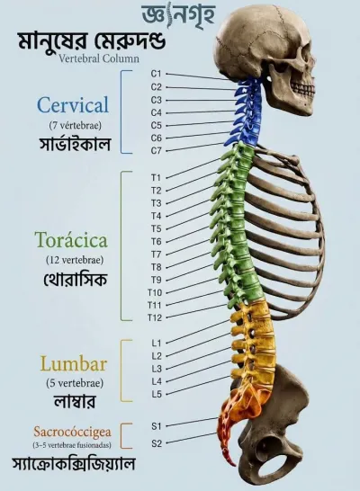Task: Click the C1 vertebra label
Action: (x=156, y=74)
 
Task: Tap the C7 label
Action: (x=156, y=150)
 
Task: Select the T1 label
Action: (x=156, y=177)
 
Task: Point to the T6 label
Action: (x=156, y=241)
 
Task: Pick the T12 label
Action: (x=155, y=317)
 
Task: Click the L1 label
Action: (x=157, y=344)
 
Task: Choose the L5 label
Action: (x=157, y=394)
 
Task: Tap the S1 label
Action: (x=157, y=426)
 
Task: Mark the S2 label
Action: (x=157, y=443)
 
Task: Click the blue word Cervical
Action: (x=73, y=105)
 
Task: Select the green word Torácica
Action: (x=72, y=240)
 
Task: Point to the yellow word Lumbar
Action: (x=74, y=364)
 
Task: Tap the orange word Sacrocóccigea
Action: (x=72, y=433)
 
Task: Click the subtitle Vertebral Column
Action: (x=99, y=58)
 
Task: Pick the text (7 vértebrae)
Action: (x=76, y=126)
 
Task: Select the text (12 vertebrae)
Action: (x=75, y=260)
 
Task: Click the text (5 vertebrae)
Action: (x=75, y=383)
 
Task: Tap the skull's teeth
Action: (x=302, y=89)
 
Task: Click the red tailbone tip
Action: (x=233, y=463)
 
